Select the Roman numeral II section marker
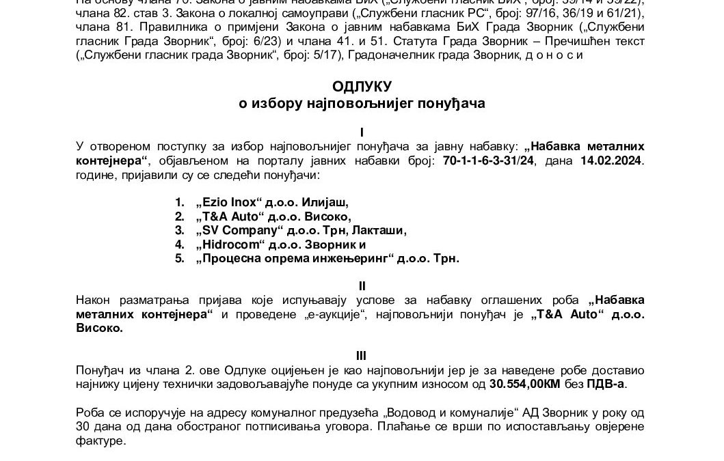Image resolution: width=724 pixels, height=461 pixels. point(362,283)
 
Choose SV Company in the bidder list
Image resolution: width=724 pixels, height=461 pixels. point(234,230)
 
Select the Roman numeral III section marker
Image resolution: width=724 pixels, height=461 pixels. point(362,355)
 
